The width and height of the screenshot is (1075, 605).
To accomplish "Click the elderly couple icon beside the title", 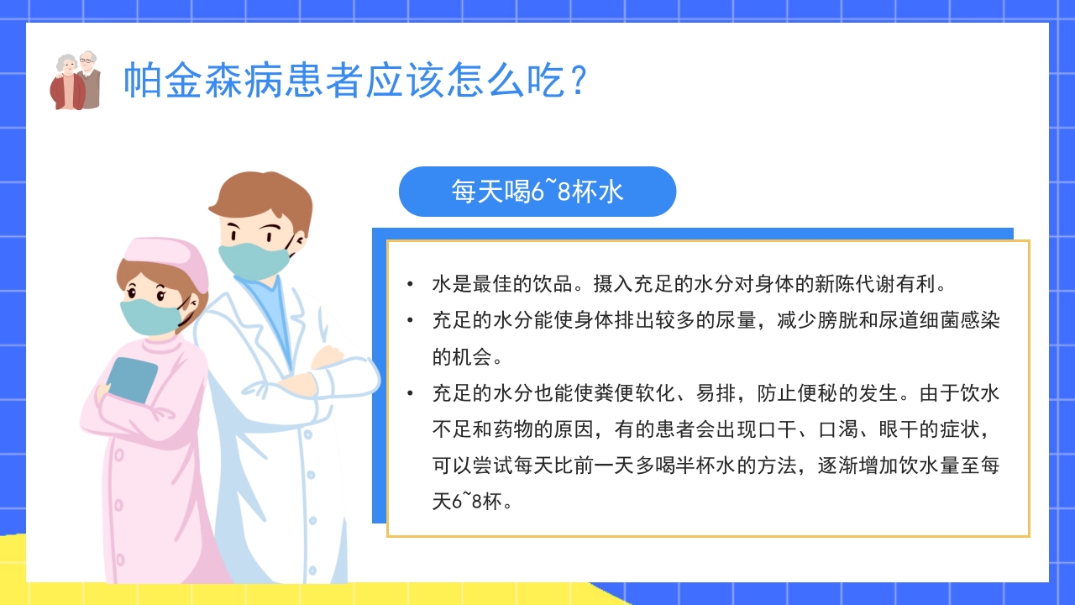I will tap(76, 81).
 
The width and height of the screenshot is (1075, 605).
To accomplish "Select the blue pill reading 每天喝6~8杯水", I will tap(537, 192).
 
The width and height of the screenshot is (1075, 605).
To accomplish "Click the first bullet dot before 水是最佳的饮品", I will tap(409, 284).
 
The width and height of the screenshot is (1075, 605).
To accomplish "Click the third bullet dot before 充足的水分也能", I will tap(409, 393).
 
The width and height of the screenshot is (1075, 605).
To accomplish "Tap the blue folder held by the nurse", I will tap(133, 379).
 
